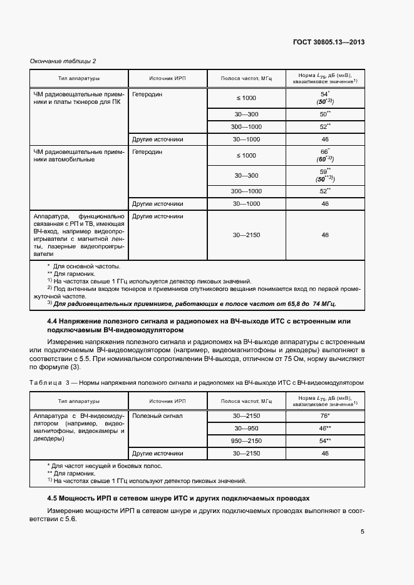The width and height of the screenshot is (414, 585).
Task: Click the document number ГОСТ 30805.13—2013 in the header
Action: click(x=328, y=43)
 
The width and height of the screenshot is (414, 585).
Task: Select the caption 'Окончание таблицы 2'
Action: click(x=63, y=61)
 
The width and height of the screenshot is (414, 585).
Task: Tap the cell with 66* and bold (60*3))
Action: click(x=324, y=155)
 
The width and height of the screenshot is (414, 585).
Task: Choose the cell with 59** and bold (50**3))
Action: click(x=324, y=174)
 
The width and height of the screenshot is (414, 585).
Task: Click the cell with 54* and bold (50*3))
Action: click(x=324, y=96)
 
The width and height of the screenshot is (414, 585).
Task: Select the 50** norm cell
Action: click(x=324, y=114)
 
